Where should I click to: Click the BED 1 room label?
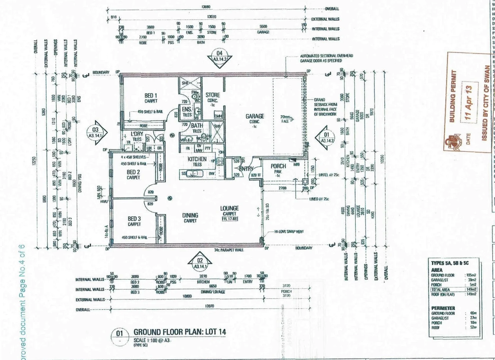point(151,96)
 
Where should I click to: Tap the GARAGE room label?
point(255,116)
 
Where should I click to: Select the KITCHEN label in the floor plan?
point(197,159)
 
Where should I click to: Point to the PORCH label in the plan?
point(278,166)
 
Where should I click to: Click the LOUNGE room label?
point(229,208)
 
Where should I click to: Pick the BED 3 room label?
point(134,219)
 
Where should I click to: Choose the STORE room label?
point(213,95)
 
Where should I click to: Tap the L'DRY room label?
point(137,134)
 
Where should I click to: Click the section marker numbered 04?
point(219,55)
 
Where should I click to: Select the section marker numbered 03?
point(96,132)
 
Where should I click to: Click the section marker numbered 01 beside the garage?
point(326,137)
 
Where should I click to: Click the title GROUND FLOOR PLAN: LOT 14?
point(180,332)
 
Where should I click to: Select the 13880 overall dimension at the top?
point(206,7)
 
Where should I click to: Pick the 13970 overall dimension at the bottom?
point(209,306)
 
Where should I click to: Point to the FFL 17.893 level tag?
point(230,219)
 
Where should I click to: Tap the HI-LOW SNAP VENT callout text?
point(289,231)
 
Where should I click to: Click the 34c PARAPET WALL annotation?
point(229,250)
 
